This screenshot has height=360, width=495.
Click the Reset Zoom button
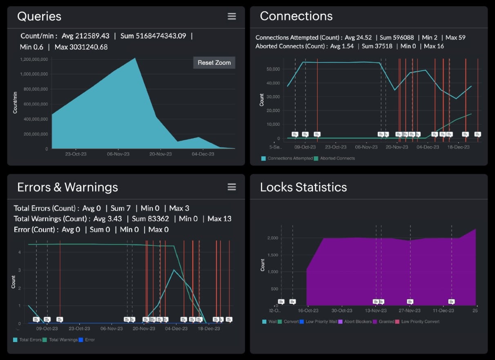pos(214,62)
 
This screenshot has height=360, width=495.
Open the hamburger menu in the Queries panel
pos(232,16)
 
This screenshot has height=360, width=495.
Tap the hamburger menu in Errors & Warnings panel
pos(232,187)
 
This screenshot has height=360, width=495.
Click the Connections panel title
pos(296,16)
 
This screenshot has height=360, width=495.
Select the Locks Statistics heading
pos(303,187)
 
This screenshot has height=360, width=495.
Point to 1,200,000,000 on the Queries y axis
pos(34,60)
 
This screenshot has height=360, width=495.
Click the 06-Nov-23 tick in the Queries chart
pos(118,154)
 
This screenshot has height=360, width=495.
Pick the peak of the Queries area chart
pos(135,58)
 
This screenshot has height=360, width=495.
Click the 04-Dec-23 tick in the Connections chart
pos(428,147)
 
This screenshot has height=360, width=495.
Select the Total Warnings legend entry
pos(63,340)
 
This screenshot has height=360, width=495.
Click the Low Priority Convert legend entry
pos(420,322)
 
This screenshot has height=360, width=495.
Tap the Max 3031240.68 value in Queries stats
pos(81,47)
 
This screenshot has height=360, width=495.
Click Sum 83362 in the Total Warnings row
pos(150,219)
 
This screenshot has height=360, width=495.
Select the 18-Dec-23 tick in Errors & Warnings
pos(210,329)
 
